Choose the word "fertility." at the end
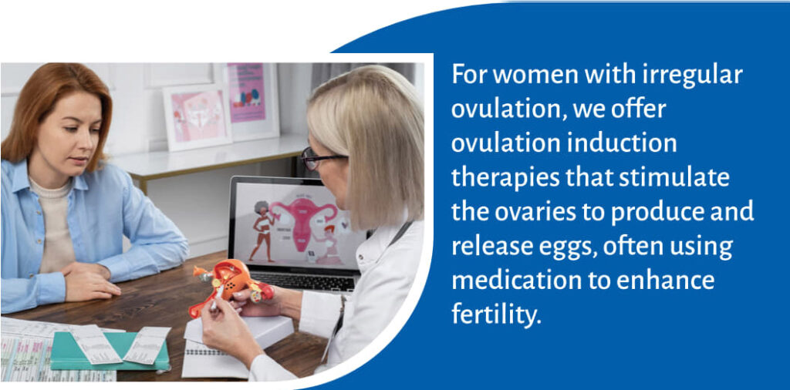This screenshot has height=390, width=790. (496, 314)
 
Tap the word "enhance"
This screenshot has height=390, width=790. (672, 281)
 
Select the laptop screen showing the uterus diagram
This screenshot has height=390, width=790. (298, 223)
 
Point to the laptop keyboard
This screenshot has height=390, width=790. (306, 281)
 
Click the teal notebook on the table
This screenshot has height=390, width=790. (108, 350)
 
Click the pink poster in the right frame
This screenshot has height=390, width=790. (246, 92)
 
